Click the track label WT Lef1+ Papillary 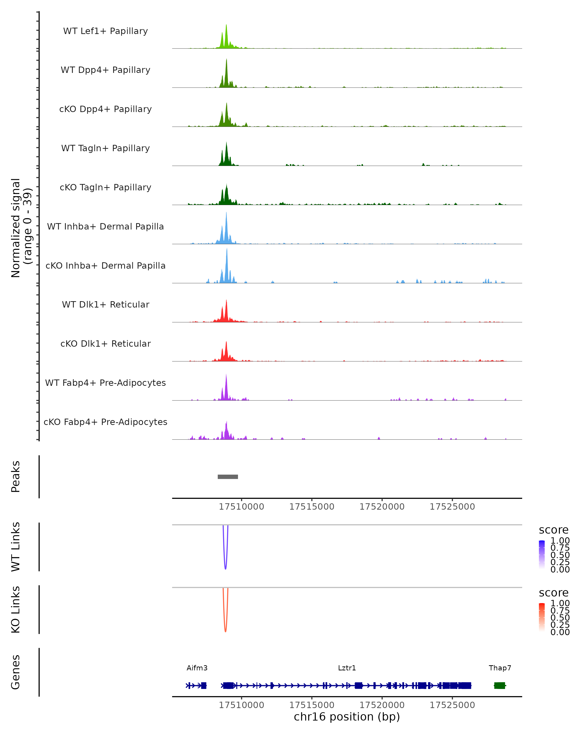pos(105,31)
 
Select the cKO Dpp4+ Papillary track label pos(105,109)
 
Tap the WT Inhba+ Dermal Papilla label pos(105,226)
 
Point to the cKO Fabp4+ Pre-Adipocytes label pos(105,422)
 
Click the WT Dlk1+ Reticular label pos(105,304)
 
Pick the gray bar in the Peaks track pos(228,477)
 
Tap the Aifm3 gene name pos(197,668)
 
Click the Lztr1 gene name pos(347,668)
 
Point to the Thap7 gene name pos(500,668)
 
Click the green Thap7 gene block pos(499,686)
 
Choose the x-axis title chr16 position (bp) pos(347,717)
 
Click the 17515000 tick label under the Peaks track pos(312,507)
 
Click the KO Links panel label pos(16,609)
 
